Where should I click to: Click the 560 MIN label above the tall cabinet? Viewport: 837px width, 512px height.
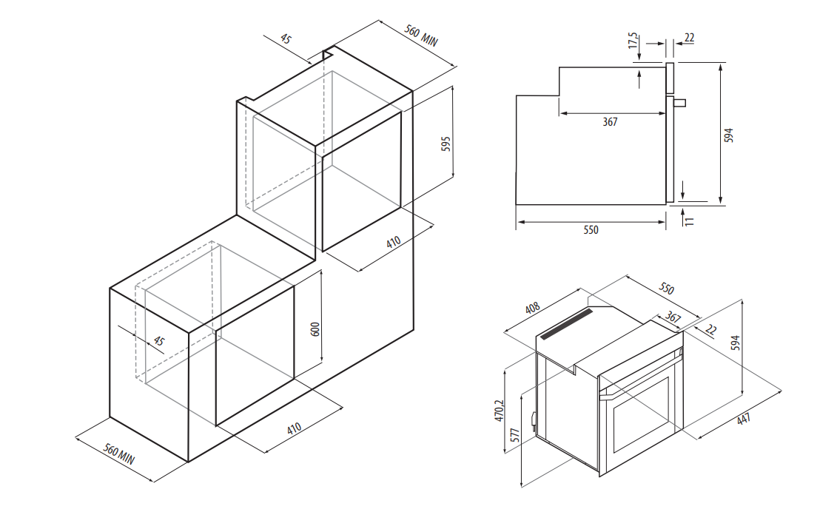pyautogui.click(x=421, y=36)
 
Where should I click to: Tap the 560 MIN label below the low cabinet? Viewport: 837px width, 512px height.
pyautogui.click(x=118, y=454)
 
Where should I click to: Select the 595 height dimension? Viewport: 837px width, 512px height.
pyautogui.click(x=446, y=144)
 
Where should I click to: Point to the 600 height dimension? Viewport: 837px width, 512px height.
pyautogui.click(x=315, y=329)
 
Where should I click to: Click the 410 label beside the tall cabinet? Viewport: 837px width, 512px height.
pyautogui.click(x=394, y=242)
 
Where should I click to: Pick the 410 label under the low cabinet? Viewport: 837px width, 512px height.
pyautogui.click(x=294, y=428)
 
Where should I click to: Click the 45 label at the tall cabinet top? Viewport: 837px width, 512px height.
pyautogui.click(x=286, y=39)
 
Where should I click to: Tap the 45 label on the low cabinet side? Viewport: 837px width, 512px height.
pyautogui.click(x=158, y=340)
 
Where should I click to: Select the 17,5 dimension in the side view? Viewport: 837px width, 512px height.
pyautogui.click(x=633, y=41)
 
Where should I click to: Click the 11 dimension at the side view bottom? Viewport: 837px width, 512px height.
pyautogui.click(x=690, y=220)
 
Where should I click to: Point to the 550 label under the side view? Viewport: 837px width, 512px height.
pyautogui.click(x=591, y=229)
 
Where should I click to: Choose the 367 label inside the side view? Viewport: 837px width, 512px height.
pyautogui.click(x=610, y=122)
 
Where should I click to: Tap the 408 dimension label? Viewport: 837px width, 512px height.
pyautogui.click(x=532, y=308)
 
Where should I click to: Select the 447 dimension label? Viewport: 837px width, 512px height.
pyautogui.click(x=743, y=419)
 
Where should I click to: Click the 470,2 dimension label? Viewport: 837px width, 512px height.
pyautogui.click(x=499, y=411)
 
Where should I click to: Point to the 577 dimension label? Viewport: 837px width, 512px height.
pyautogui.click(x=514, y=434)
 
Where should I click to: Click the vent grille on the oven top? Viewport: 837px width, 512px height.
pyautogui.click(x=567, y=323)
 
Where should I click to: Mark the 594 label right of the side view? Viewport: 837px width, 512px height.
pyautogui.click(x=729, y=135)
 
